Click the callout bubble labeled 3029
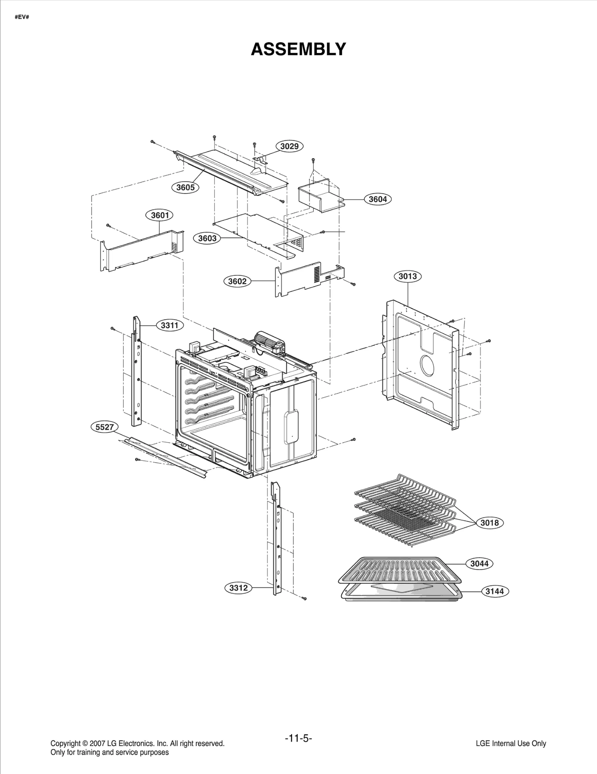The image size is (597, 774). coord(289,146)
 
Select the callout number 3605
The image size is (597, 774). coord(185,187)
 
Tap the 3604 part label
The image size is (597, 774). coord(378,199)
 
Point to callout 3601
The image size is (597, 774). coord(159,215)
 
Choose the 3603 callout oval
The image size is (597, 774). coord(207,238)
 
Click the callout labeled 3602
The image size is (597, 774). coord(237,281)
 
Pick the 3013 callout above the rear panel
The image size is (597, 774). coord(407,276)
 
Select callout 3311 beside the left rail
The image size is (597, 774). coord(169,325)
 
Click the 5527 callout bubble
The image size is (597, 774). coord(104,427)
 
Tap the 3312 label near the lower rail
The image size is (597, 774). coord(238,588)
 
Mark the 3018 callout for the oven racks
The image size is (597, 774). coord(489,523)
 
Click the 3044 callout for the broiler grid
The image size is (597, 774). coord(479,563)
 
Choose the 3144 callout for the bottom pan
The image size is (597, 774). coord(495,591)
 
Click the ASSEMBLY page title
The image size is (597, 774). coord(298,49)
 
